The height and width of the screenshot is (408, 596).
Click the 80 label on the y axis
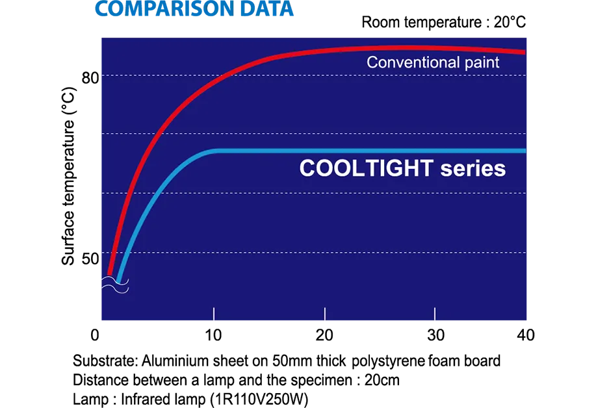90,77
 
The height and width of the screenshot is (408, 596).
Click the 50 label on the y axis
90,259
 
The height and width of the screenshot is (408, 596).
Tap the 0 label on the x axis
95,335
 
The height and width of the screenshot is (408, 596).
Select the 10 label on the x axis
213,335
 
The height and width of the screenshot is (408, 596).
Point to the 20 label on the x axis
324,335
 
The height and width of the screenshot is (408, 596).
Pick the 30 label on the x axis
435,335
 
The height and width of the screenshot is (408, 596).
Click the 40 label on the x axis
526,335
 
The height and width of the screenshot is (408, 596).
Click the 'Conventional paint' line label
433,62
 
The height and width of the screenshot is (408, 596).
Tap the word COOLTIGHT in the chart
366,168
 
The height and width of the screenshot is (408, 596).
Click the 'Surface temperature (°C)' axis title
68,176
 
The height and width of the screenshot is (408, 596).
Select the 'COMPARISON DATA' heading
194,8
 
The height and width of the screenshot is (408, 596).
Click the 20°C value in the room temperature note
510,22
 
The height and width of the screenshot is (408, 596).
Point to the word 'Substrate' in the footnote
103,361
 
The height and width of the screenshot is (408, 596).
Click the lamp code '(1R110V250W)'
259,400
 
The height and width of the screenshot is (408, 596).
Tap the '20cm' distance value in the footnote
382,380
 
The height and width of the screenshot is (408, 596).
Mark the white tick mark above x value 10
214,313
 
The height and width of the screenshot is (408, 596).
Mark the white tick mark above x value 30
435,313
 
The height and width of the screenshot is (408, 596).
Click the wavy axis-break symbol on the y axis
115,285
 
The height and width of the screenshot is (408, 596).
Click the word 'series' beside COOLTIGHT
473,168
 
